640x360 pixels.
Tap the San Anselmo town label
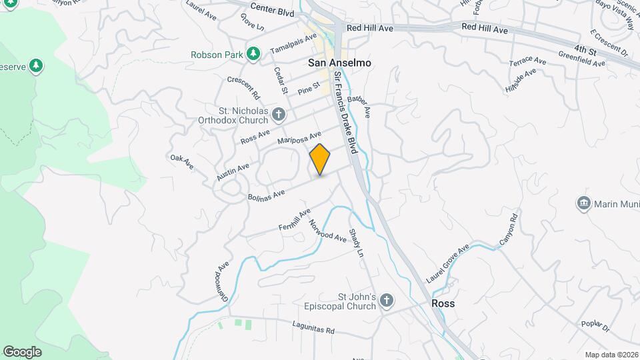(339, 63)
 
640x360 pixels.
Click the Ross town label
(443, 303)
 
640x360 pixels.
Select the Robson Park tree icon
(253, 54)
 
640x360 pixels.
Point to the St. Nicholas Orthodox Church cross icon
(279, 116)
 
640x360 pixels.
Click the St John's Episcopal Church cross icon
(385, 302)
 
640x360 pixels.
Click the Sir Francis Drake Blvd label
(347, 113)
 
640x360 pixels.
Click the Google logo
(22, 351)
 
